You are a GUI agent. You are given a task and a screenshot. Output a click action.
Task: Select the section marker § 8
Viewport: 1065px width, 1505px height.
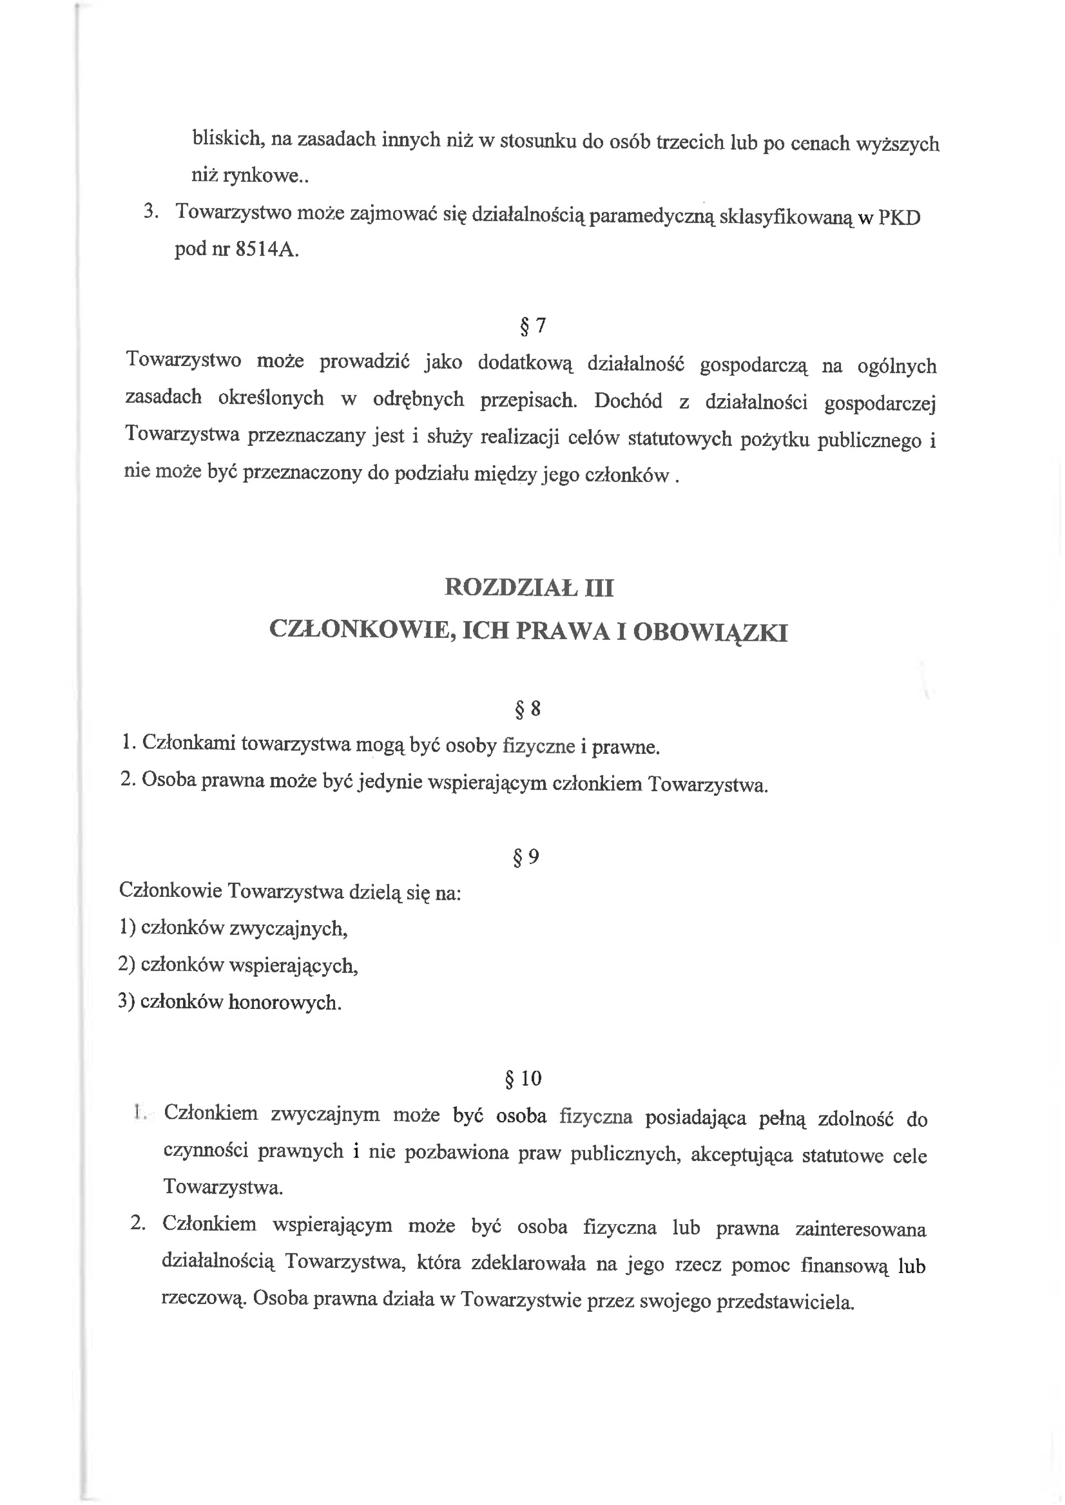pos(528,709)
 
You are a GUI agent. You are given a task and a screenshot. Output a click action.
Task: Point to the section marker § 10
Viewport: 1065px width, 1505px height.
pos(523,1078)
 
